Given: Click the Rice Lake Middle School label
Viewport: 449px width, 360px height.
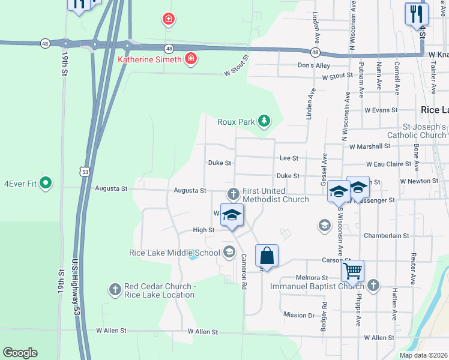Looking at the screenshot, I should pyautogui.click(x=175, y=253).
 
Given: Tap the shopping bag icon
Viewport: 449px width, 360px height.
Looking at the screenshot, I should pyautogui.click(x=267, y=256).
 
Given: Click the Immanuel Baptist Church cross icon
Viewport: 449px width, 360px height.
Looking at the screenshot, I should pyautogui.click(x=373, y=286).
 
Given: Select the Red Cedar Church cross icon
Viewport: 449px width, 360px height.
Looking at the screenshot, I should pyautogui.click(x=115, y=290).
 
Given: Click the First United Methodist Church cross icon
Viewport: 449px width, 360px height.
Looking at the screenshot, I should pyautogui.click(x=233, y=194).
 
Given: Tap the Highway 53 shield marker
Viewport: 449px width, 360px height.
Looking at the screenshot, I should pyautogui.click(x=86, y=171).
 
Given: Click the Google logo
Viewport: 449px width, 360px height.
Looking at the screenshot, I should pyautogui.click(x=20, y=353).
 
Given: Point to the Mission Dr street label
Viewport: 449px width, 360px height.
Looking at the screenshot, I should pyautogui.click(x=299, y=315).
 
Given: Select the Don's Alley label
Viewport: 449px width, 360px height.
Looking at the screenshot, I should pyautogui.click(x=314, y=65).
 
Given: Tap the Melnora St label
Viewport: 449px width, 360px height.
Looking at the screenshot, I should pyautogui.click(x=312, y=278).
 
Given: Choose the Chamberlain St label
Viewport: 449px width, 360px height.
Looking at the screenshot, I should pyautogui.click(x=386, y=236).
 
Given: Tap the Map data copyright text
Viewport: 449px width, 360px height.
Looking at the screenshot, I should pyautogui.click(x=424, y=355).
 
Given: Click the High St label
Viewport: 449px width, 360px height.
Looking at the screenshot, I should pyautogui.click(x=203, y=230).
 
